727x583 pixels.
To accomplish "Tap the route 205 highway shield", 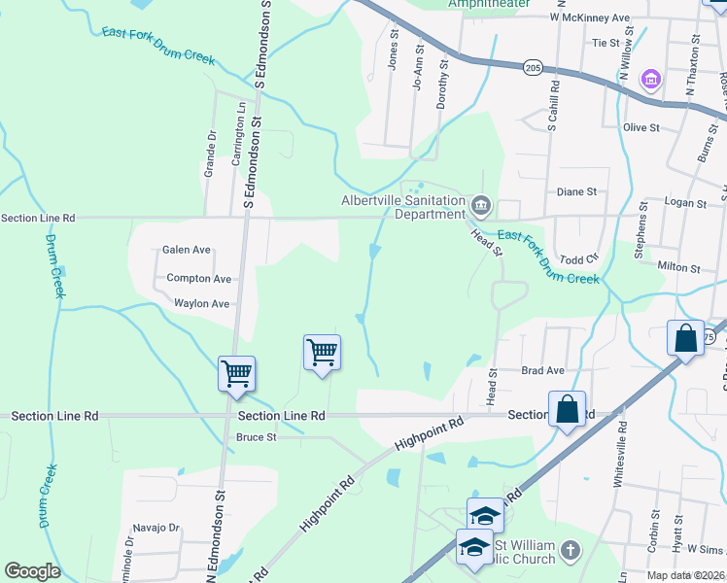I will coord(532,67).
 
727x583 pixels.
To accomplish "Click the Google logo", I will coord(32,571).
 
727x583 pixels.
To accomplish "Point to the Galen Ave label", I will coord(187,250).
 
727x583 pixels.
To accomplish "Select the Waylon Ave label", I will coord(201,304).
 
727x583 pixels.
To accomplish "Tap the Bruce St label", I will coord(257,437).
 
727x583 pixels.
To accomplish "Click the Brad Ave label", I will coord(542,370).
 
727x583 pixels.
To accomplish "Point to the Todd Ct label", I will coord(578,259).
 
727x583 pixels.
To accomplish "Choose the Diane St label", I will coord(575,192).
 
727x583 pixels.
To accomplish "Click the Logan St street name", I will coord(687,203).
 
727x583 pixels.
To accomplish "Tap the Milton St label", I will coord(678,267).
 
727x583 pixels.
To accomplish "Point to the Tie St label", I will coord(606,43).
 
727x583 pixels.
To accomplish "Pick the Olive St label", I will coord(641,127).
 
